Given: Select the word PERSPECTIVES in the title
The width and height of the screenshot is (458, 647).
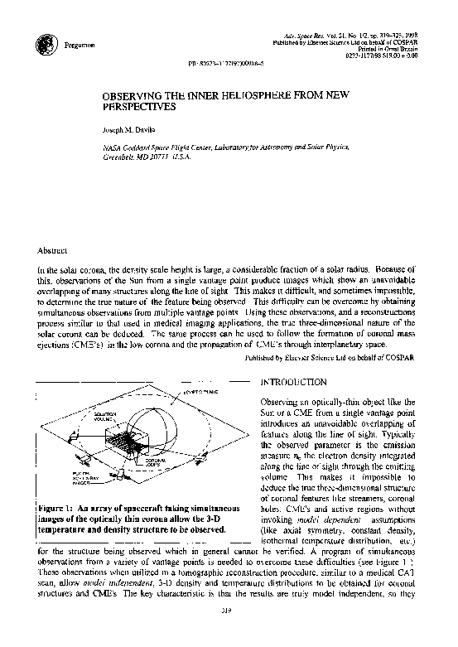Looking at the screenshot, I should point(150,108).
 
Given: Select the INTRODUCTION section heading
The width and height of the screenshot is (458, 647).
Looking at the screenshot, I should point(293,383).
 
